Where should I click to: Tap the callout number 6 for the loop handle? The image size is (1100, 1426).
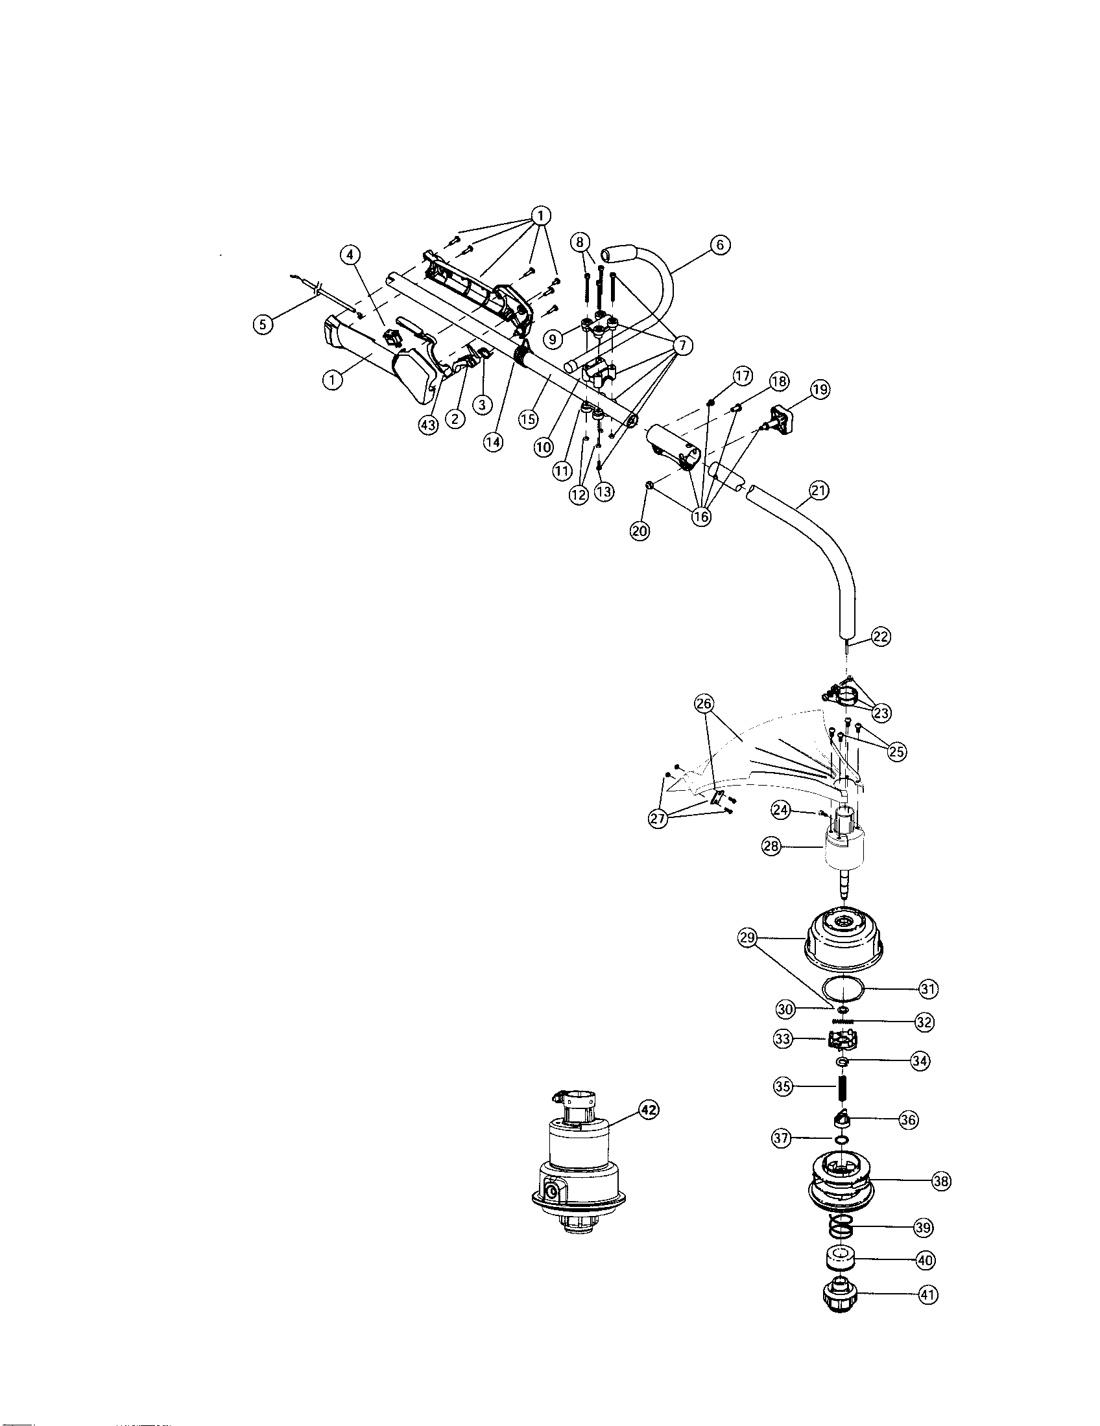tap(719, 246)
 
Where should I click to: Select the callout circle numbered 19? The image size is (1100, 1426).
tap(820, 390)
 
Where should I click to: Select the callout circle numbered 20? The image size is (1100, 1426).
tap(640, 531)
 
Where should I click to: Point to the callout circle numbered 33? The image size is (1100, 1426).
tap(783, 1040)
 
